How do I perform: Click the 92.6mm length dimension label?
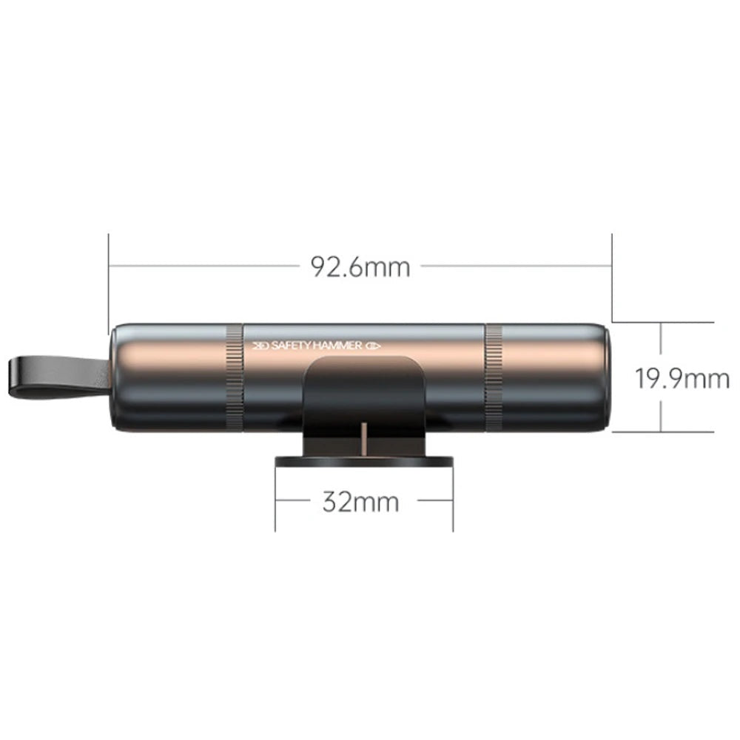pyautogui.click(x=360, y=266)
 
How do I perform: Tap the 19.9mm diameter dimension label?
pyautogui.click(x=682, y=378)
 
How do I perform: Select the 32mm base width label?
pyautogui.click(x=360, y=501)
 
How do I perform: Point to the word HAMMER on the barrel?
pyautogui.click(x=337, y=346)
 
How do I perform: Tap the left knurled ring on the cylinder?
pyautogui.click(x=235, y=377)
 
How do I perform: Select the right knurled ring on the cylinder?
pyautogui.click(x=494, y=377)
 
